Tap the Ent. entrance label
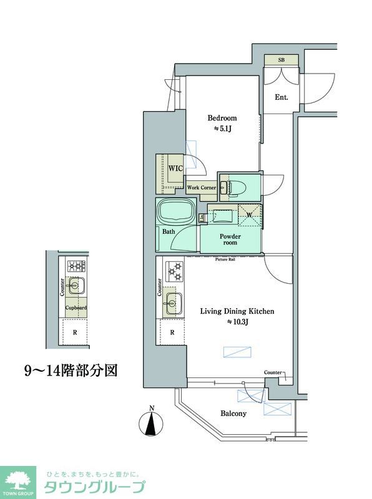tap(281, 97)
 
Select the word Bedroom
tap(222, 118)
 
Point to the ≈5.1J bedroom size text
tap(222, 129)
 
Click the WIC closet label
tap(174, 168)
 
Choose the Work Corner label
tap(202, 187)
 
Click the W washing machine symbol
tap(249, 216)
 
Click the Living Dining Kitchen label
tap(237, 311)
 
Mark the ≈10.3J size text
tap(237, 322)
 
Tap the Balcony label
tap(233, 414)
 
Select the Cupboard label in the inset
tap(76, 308)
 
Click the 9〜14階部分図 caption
tap(71, 371)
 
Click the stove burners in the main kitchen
tap(174, 271)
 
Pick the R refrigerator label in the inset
tap(75, 332)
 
